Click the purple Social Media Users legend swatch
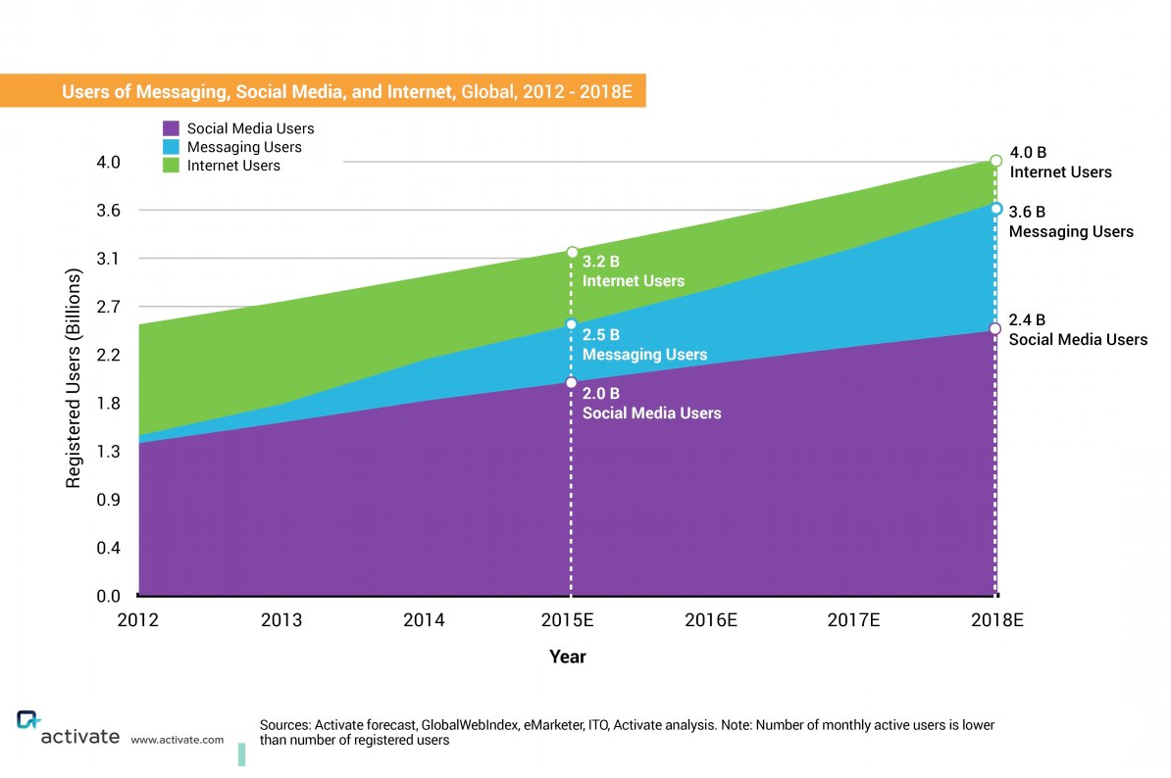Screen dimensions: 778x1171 click(171, 128)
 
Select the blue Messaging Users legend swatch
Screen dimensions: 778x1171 click(171, 147)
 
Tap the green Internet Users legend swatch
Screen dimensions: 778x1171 click(171, 166)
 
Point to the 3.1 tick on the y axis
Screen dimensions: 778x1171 click(108, 259)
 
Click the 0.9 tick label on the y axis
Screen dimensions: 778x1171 click(108, 500)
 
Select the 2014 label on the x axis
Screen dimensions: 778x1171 click(424, 620)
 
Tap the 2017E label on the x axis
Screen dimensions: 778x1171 click(853, 620)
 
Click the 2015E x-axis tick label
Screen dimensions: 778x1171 click(570, 620)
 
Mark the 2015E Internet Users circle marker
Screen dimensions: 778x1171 click(572, 253)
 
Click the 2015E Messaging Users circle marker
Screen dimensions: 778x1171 click(571, 324)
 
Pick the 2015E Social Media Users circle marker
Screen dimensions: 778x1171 click(571, 382)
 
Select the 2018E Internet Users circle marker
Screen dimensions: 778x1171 click(995, 160)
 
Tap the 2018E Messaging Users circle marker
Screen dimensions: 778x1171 click(995, 209)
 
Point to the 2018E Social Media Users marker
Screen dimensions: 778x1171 click(995, 329)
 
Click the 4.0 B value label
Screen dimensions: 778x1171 click(1028, 153)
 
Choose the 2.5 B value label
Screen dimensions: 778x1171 click(600, 335)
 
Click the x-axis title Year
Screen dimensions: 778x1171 click(568, 656)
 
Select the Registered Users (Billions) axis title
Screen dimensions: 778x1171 click(74, 377)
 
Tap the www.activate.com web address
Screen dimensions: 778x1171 click(177, 740)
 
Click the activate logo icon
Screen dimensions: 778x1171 click(28, 720)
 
